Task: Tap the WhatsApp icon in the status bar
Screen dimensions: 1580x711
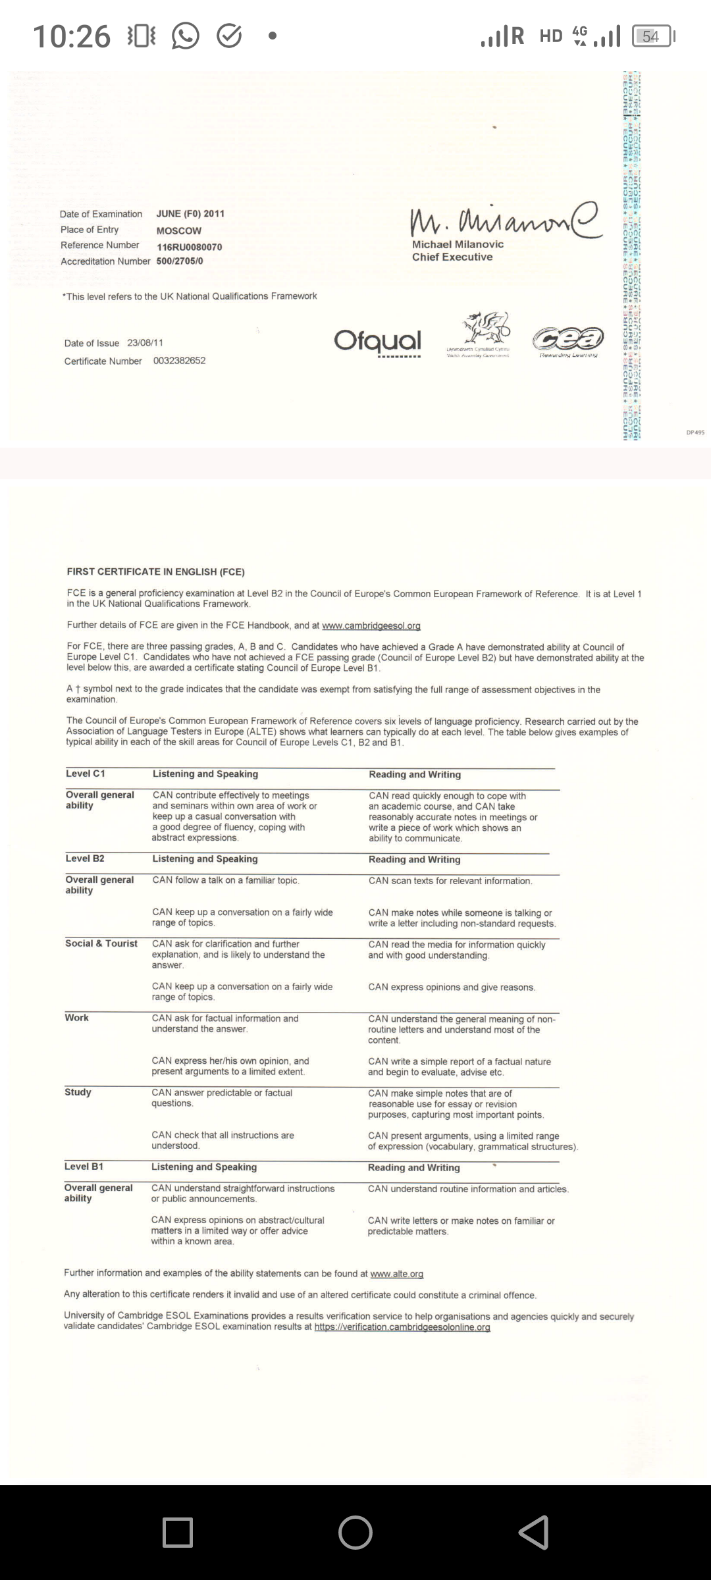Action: click(x=185, y=36)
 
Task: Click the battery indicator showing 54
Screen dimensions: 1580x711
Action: click(x=651, y=36)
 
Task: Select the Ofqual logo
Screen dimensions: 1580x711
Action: click(x=377, y=341)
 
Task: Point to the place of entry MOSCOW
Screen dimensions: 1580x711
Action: click(x=179, y=231)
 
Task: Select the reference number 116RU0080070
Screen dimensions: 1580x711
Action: click(x=190, y=247)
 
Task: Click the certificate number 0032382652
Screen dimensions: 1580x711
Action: click(x=179, y=361)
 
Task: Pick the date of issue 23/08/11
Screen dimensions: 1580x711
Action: click(x=145, y=343)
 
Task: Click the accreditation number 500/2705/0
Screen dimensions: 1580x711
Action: click(x=180, y=261)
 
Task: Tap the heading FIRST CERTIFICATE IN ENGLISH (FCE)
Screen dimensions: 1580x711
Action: click(x=155, y=571)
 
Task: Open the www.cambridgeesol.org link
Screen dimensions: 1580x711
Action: click(x=371, y=625)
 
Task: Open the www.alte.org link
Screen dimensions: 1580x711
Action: click(x=396, y=1273)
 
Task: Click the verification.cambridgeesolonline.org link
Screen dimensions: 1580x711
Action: click(x=402, y=1327)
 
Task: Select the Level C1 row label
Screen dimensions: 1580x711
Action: click(x=85, y=774)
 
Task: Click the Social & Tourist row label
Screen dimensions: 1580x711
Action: click(x=101, y=943)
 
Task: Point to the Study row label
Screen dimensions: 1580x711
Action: click(x=78, y=1092)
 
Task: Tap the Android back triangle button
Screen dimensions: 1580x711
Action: click(x=533, y=1532)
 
